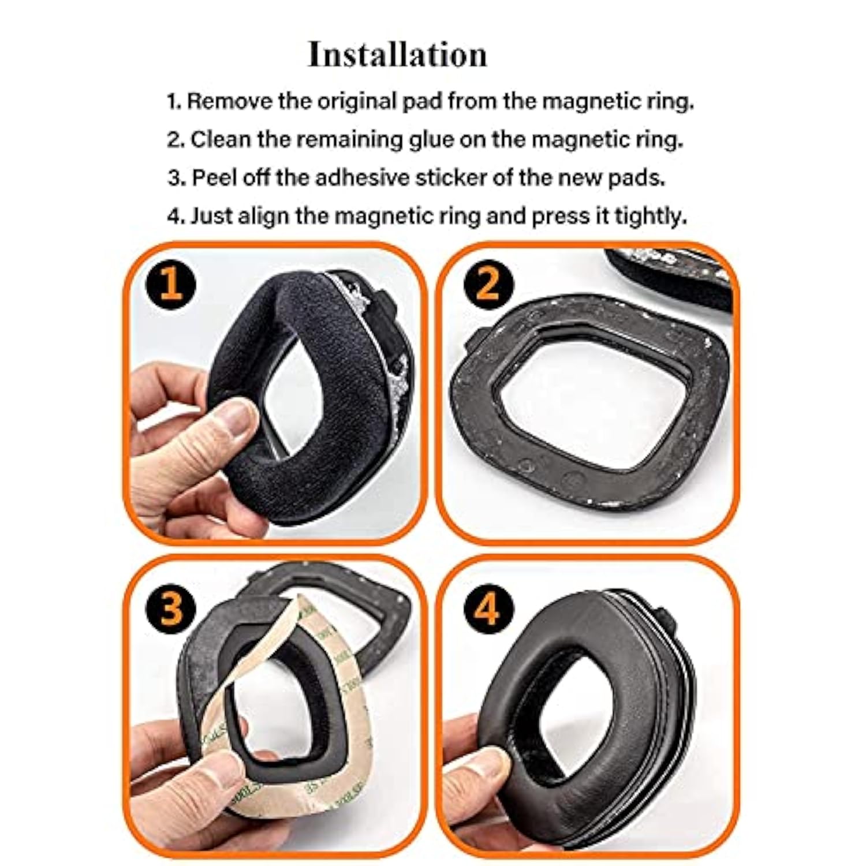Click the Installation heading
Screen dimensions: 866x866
click(397, 55)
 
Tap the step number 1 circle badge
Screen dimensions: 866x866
click(171, 285)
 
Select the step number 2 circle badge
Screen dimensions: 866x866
click(487, 283)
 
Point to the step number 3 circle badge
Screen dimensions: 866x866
click(171, 608)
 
